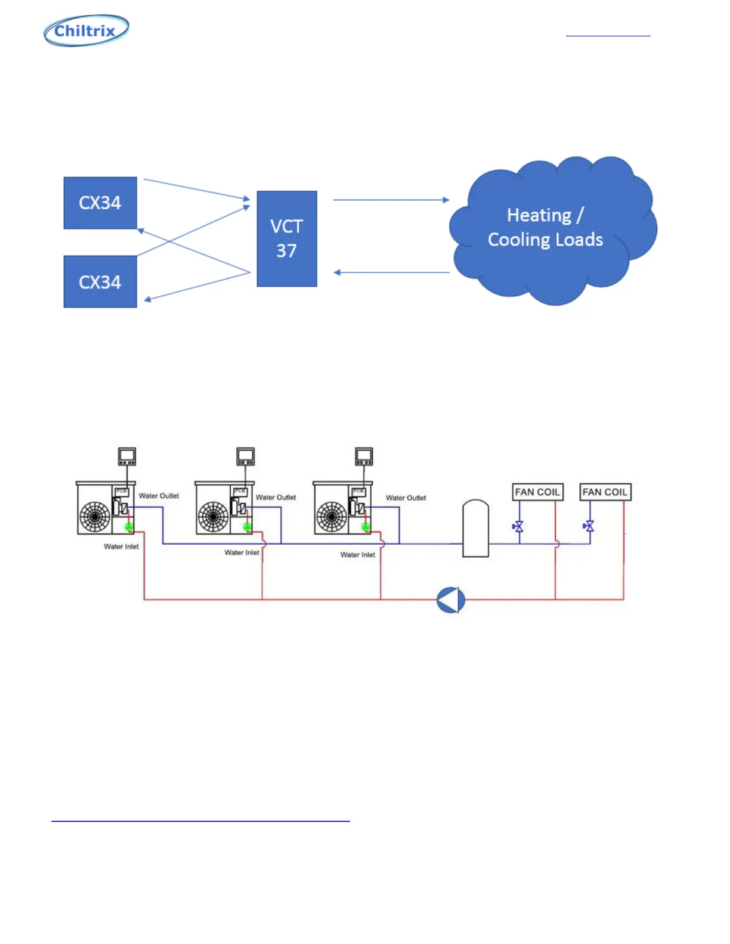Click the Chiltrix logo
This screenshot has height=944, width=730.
click(86, 30)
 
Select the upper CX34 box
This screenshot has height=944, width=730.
click(100, 203)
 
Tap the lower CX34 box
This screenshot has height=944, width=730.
click(100, 282)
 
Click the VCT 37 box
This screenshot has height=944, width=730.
click(287, 238)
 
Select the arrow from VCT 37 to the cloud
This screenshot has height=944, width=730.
click(391, 200)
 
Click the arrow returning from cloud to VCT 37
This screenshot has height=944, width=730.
click(391, 272)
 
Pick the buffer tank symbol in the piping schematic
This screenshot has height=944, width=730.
click(476, 529)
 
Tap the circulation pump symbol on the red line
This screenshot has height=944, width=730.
click(451, 600)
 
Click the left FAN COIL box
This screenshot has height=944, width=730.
click(538, 492)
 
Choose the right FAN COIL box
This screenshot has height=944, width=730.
click(605, 492)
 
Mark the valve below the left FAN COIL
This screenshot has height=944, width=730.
click(518, 527)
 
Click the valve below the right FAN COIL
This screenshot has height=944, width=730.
click(589, 526)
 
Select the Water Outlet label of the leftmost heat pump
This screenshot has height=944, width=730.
click(159, 496)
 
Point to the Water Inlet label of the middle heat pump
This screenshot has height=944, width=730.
click(242, 552)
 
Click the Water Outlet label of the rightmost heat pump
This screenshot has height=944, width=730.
click(406, 498)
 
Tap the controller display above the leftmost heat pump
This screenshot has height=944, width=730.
click(127, 456)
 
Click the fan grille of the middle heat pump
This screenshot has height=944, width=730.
click(214, 517)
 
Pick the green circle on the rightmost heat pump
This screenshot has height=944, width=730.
click(366, 527)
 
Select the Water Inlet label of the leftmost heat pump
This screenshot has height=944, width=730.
click(121, 546)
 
